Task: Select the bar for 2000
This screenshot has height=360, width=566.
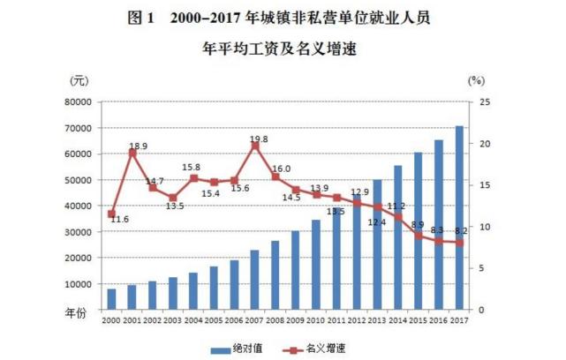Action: click(111, 299)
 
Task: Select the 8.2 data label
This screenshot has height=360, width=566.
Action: click(460, 230)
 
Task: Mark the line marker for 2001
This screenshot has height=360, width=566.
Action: click(132, 153)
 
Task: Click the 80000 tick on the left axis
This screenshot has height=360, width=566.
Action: click(79, 101)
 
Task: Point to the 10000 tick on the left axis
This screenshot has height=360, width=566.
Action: click(79, 284)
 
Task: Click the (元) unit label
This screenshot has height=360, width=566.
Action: click(79, 80)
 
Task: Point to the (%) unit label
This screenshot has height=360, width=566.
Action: click(477, 80)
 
